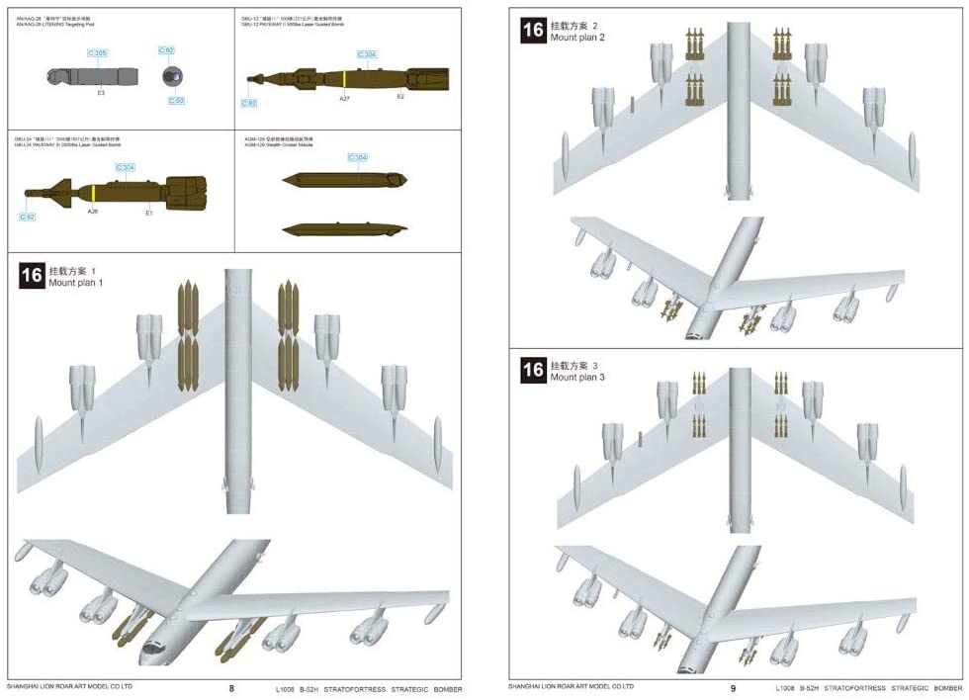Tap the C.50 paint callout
pos(176,101)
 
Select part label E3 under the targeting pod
pos(101,93)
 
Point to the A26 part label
pos(93,211)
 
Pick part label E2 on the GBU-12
pos(400,97)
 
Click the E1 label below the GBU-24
pos(148,212)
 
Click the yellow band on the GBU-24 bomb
pos(92,193)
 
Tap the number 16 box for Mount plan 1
pos(31,275)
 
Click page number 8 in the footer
pos(231,688)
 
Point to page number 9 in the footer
pos(733,688)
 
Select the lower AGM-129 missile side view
pos(342,228)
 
